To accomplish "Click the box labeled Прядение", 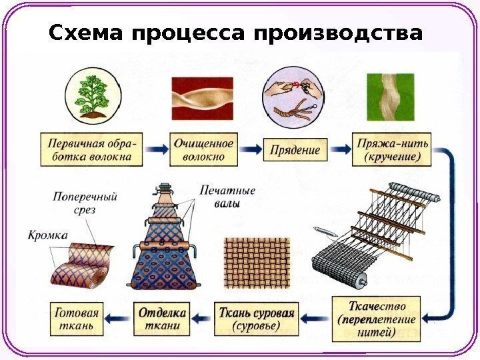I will click(x=295, y=151).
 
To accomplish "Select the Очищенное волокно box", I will click(x=203, y=151).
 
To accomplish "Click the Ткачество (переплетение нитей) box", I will click(x=376, y=319).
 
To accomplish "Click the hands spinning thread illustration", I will click(x=293, y=98).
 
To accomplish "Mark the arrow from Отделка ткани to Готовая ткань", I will click(x=121, y=319).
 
